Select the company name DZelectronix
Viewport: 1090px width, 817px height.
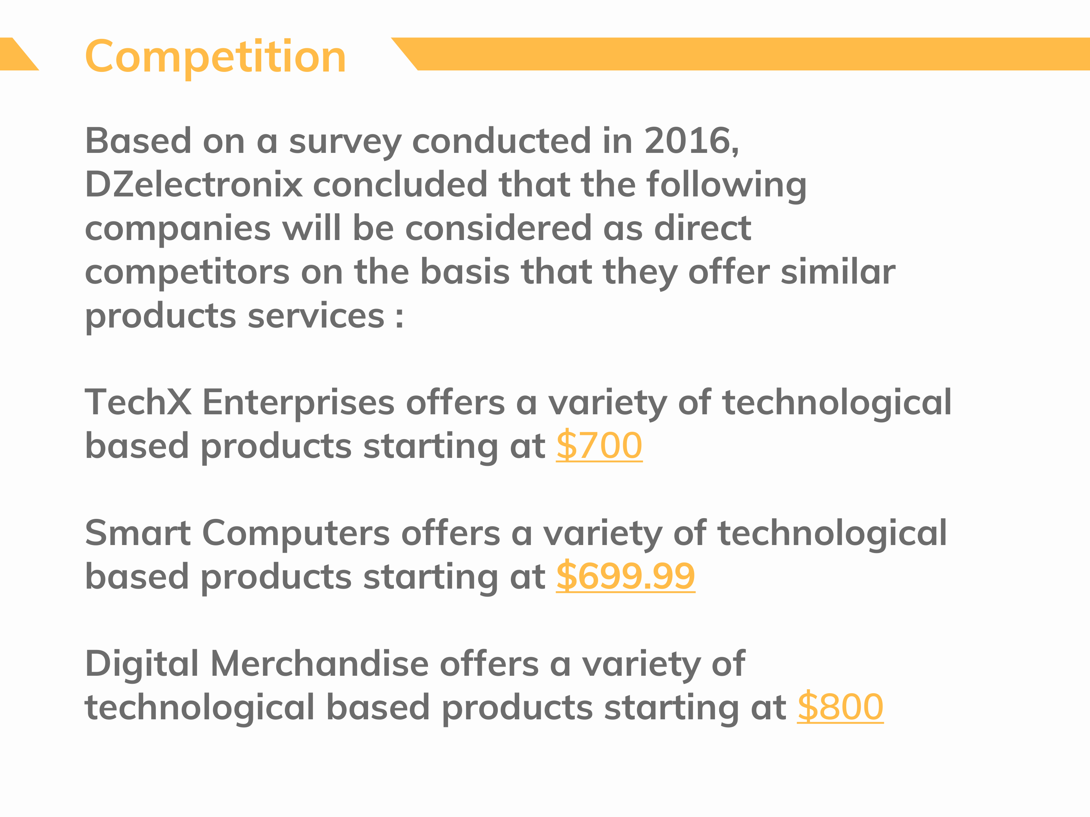[194, 185]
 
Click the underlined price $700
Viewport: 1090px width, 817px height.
[599, 446]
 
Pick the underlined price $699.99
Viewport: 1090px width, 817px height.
[626, 576]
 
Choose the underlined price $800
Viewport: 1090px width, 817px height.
[840, 707]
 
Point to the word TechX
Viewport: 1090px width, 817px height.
[138, 402]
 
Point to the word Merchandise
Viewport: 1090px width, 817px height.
[320, 664]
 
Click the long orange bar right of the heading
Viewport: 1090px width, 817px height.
[740, 54]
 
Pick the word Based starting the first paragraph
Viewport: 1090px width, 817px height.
[138, 141]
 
